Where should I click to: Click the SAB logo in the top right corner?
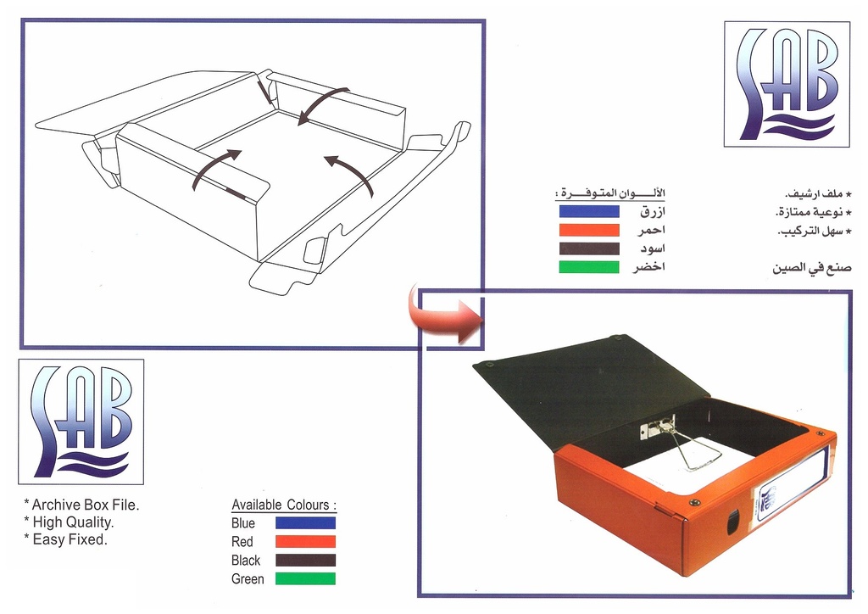pos(787,84)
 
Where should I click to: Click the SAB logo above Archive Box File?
pos(81,421)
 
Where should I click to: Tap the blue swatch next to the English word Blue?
pos(305,523)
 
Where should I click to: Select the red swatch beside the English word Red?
pos(305,542)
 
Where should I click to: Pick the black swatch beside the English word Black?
pos(305,561)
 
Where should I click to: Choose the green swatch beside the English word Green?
pos(305,579)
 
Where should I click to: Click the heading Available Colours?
pos(284,505)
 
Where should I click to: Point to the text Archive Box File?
pos(84,505)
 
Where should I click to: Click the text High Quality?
pos(71,522)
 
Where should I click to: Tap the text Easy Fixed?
pos(68,539)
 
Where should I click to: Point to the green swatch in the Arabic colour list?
pos(589,267)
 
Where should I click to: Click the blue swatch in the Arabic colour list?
pos(589,211)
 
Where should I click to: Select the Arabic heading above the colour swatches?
pos(610,193)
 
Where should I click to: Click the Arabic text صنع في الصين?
pos(811,268)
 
